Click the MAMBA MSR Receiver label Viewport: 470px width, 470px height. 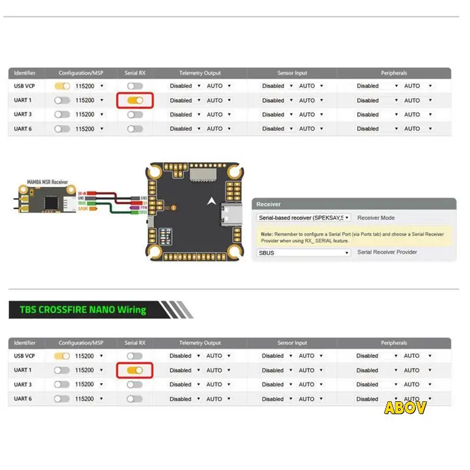pyautogui.click(x=47, y=183)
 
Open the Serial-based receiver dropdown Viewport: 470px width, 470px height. pyautogui.click(x=304, y=217)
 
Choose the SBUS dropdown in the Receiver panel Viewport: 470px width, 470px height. pyautogui.click(x=304, y=253)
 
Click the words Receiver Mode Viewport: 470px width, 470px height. pyautogui.click(x=376, y=217)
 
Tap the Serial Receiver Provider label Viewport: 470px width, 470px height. pyautogui.click(x=387, y=252)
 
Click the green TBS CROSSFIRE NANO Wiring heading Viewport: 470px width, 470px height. pyautogui.click(x=82, y=310)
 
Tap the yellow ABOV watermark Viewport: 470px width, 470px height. pyautogui.click(x=405, y=407)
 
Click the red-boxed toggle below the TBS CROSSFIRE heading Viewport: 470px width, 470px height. pyautogui.click(x=135, y=370)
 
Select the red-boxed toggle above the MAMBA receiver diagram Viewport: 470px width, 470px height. pyautogui.click(x=135, y=100)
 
